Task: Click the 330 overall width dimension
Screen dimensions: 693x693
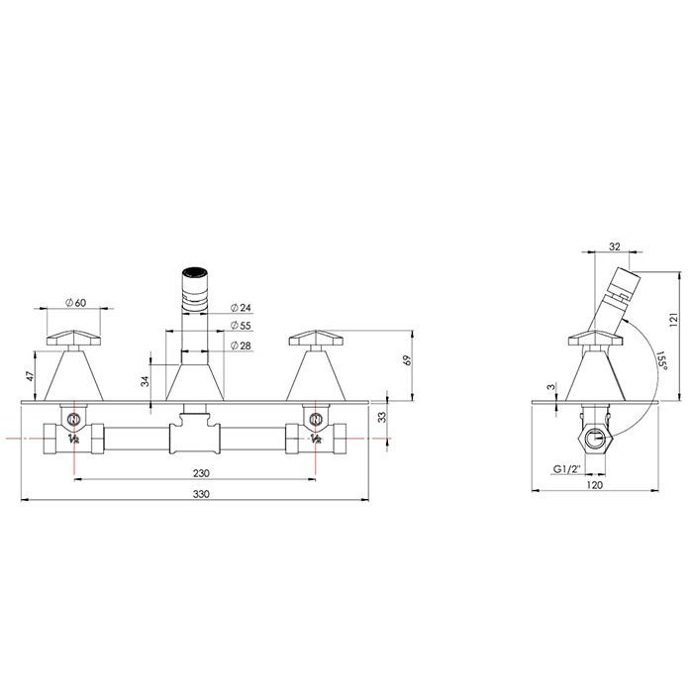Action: tap(201, 494)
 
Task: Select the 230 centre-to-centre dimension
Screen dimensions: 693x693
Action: tap(201, 473)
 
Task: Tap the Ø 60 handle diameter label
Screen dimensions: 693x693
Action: tap(75, 303)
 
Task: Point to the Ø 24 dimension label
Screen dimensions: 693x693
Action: tap(241, 308)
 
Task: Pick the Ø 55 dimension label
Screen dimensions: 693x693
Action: tap(241, 326)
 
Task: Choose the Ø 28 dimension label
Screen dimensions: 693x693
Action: tap(241, 346)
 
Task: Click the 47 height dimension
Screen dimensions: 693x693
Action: tap(30, 376)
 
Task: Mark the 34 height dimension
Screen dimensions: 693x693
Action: tap(146, 381)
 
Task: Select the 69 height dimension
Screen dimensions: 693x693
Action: tap(408, 360)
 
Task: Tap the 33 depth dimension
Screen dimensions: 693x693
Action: tap(383, 417)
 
